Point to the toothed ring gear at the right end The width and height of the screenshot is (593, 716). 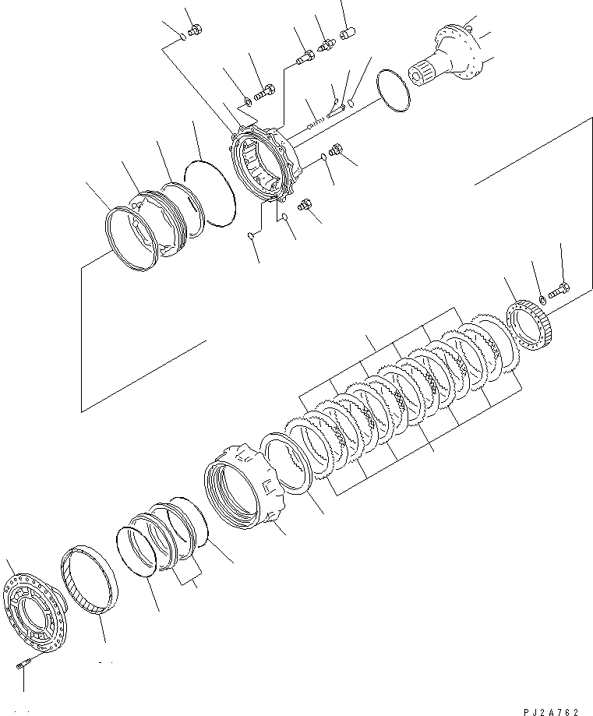point(530,328)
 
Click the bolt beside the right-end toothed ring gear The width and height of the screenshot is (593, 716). point(559,291)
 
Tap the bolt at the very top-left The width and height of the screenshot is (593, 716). point(196,29)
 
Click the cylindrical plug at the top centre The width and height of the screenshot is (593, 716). point(347,33)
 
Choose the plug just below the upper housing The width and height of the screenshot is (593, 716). point(306,206)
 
